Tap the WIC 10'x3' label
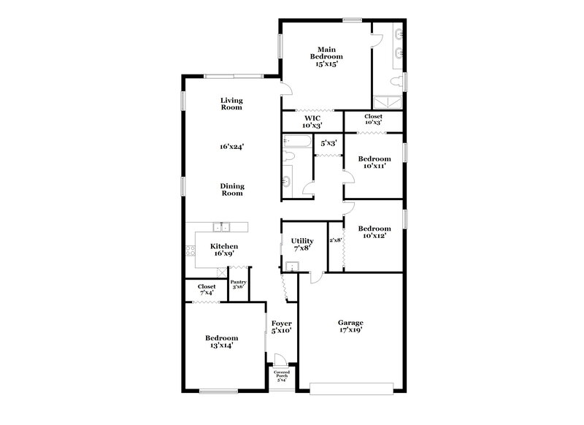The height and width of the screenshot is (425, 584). click(312, 120)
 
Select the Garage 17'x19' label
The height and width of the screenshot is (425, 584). click(350, 326)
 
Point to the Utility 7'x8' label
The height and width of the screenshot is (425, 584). click(302, 245)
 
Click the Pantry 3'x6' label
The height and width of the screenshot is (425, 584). click(239, 285)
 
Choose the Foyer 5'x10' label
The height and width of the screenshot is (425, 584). click(281, 326)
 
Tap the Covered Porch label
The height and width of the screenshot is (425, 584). click(281, 375)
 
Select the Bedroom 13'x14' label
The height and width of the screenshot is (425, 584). click(221, 342)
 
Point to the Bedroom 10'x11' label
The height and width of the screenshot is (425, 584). click(374, 162)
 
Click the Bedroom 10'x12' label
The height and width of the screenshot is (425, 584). click(374, 231)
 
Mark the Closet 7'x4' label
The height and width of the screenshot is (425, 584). click(207, 290)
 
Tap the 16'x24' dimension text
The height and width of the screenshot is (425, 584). click(231, 146)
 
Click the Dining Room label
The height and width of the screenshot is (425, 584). click(231, 190)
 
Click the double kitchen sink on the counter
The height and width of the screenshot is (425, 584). click(222, 226)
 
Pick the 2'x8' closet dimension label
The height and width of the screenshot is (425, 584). click(335, 240)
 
